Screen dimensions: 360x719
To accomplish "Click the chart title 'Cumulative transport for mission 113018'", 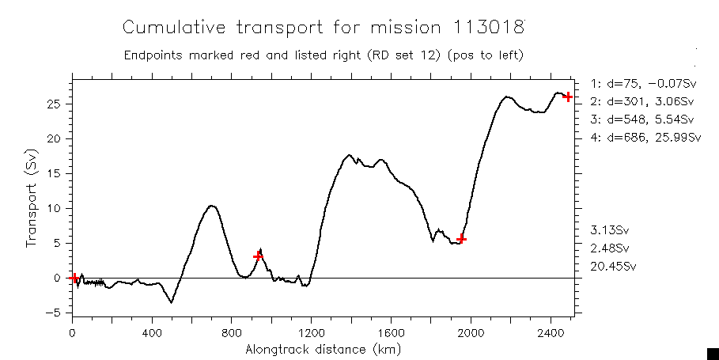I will (x=324, y=28).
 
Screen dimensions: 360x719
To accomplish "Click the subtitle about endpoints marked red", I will (x=324, y=55).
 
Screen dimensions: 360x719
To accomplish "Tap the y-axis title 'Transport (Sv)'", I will (x=32, y=197).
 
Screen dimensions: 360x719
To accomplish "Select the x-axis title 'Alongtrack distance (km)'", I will (x=322, y=349).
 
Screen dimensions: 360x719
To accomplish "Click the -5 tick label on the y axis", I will (x=56, y=313).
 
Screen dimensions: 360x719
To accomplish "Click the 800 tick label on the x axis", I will (x=231, y=332).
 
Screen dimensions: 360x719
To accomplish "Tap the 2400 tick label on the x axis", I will (x=551, y=332).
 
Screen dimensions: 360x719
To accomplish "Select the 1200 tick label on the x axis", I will (x=311, y=332).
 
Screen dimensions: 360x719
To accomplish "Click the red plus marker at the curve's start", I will (x=74, y=278).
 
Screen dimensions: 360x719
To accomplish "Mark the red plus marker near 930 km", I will (x=258, y=256).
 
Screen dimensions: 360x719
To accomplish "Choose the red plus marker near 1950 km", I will (x=461, y=239).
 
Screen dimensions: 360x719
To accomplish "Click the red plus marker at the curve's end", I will (x=567, y=97).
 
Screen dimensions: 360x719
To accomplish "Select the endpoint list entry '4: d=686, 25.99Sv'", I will (x=645, y=138).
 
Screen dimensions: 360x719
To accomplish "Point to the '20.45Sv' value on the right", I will (x=613, y=267).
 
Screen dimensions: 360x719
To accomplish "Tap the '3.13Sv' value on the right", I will (x=610, y=230).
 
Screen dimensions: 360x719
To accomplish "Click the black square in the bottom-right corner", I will (x=712, y=354).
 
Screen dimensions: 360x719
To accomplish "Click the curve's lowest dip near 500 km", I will (x=171, y=302).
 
